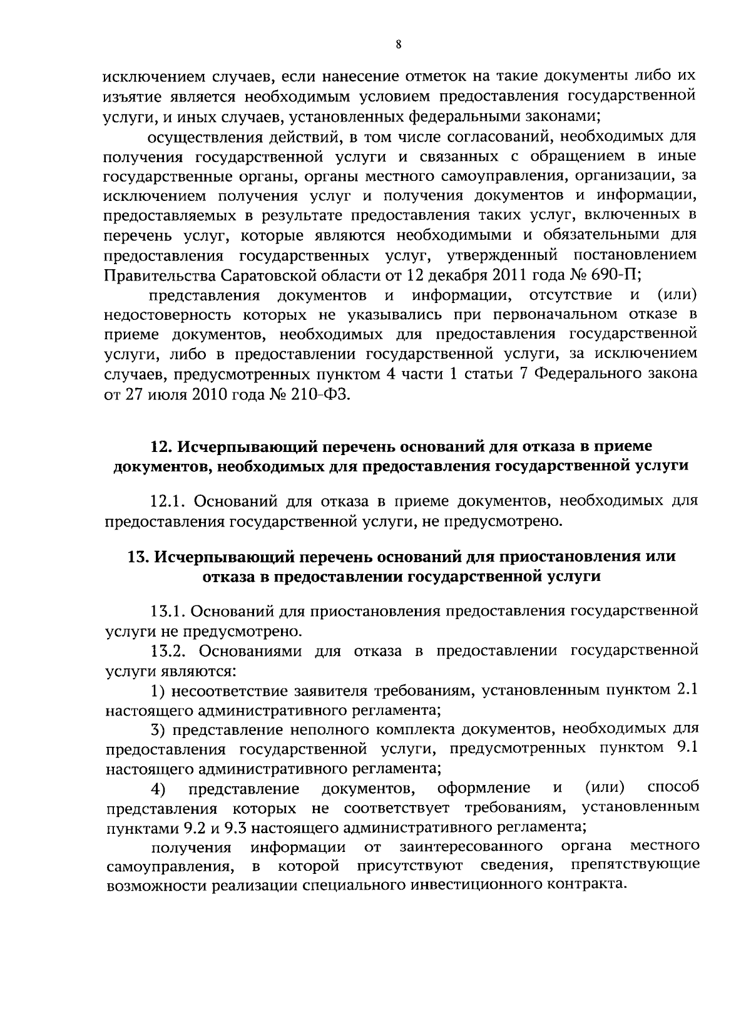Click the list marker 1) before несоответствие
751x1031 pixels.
(158, 691)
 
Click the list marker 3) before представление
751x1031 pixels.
(158, 729)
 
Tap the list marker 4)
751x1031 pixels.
(158, 789)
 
